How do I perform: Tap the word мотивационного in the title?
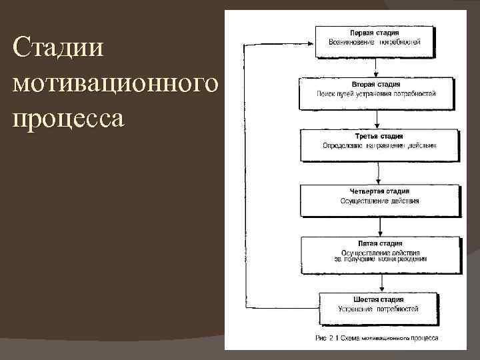pyautogui.click(x=115, y=84)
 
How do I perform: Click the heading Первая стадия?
pyautogui.click(x=374, y=33)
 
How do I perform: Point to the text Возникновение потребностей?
pyautogui.click(x=374, y=42)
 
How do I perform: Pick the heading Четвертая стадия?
pyautogui.click(x=379, y=191)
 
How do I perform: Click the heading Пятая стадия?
pyautogui.click(x=379, y=244)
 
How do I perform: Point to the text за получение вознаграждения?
pyautogui.click(x=379, y=259)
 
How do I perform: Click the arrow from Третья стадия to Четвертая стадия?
pyautogui.click(x=379, y=173)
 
